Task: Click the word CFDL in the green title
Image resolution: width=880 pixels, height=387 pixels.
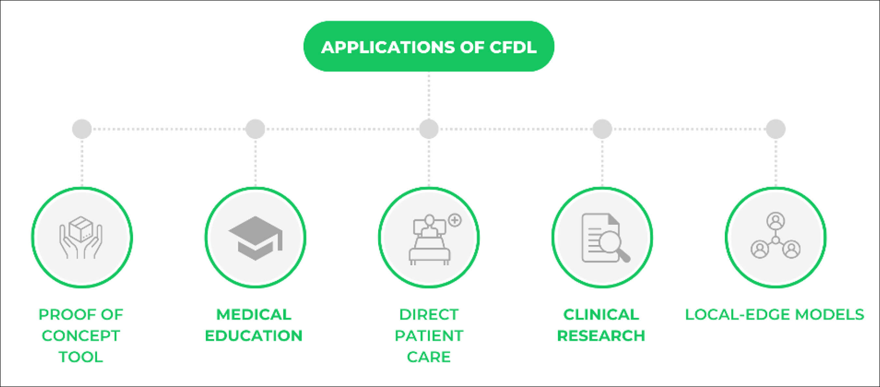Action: point(513,47)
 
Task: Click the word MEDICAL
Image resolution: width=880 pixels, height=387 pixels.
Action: point(254,315)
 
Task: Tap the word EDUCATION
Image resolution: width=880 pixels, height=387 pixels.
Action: point(254,336)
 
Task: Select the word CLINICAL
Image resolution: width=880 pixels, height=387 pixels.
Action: point(601,315)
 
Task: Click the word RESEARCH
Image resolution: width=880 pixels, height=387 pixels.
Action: point(601,336)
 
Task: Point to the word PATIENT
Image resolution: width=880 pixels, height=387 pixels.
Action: point(429,336)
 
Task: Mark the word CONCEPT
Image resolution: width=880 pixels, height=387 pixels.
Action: point(81,336)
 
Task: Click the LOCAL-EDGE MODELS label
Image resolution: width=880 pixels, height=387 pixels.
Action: point(775,315)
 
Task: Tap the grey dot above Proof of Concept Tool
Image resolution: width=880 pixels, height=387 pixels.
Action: point(82,129)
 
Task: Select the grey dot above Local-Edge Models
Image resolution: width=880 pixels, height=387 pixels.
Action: point(776,129)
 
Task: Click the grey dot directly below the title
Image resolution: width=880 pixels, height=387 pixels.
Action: point(429,129)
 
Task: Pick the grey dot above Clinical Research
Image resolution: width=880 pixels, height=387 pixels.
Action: point(602,129)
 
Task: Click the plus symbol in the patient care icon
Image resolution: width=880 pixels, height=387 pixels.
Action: point(455,220)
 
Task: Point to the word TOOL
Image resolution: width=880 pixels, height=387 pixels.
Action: point(81,357)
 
